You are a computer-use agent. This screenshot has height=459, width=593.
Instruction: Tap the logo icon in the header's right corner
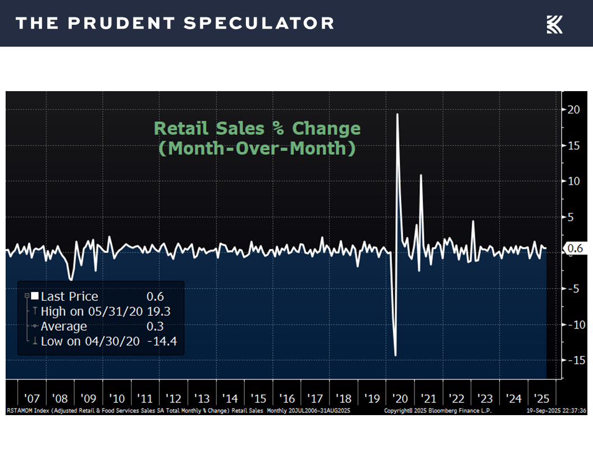[554, 24]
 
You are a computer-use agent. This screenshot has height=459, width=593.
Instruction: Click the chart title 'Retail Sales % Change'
[257, 128]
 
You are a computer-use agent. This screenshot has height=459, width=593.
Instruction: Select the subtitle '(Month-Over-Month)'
[257, 150]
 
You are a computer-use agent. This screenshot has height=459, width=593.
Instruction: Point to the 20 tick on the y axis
[573, 109]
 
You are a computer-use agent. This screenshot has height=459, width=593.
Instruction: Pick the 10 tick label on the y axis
[573, 181]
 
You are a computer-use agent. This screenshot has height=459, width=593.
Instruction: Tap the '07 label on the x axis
[32, 398]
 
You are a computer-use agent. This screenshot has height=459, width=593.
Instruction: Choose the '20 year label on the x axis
[400, 398]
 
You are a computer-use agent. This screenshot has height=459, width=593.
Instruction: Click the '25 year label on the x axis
[542, 398]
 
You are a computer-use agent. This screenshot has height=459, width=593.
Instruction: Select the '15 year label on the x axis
[258, 398]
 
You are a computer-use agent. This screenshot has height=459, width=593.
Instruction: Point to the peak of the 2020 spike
[398, 114]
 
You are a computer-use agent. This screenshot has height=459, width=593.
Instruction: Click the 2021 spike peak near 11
[421, 175]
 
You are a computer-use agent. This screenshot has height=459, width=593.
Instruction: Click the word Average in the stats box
[63, 327]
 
